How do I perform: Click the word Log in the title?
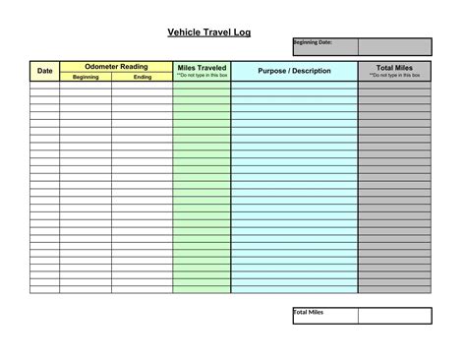pos(240,32)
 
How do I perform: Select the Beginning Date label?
pos(313,42)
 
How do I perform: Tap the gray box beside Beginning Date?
pos(394,46)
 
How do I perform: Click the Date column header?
pos(44,71)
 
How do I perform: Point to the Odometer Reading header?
pos(116,66)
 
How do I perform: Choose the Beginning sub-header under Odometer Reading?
pos(86,77)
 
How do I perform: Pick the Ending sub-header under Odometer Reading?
pos(143,77)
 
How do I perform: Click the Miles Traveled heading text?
pos(202,68)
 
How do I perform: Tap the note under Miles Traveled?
pos(202,75)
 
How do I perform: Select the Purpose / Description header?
pos(294,71)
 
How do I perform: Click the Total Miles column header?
pos(394,68)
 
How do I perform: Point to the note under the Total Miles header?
pos(394,75)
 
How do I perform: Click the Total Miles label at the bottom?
pos(309,312)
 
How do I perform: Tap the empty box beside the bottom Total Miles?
pos(394,316)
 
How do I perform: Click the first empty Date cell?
pos(44,86)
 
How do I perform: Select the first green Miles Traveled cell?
pos(202,86)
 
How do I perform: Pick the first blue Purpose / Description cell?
pos(294,86)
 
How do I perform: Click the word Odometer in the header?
pos(102,66)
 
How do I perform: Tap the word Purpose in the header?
pos(273,71)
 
